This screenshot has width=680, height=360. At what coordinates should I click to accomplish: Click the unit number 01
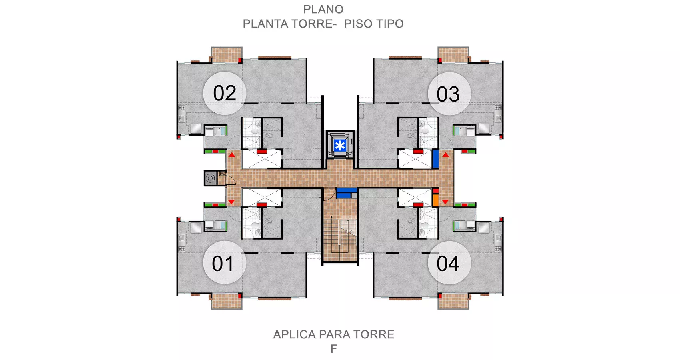(223, 264)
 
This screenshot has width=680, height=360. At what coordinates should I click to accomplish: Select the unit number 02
(225, 93)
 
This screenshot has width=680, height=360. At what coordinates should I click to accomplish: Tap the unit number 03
(448, 94)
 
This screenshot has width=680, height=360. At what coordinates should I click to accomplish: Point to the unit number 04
(448, 264)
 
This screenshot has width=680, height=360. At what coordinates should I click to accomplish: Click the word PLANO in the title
(323, 10)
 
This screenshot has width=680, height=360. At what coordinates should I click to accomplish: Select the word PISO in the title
(358, 24)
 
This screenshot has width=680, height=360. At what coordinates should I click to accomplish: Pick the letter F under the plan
(334, 349)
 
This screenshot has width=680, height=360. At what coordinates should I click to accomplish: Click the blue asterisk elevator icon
(340, 146)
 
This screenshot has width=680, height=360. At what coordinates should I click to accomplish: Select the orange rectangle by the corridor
(435, 200)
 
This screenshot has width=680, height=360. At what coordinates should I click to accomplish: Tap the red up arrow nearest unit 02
(232, 155)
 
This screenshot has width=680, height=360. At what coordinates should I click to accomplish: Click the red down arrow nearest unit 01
(231, 202)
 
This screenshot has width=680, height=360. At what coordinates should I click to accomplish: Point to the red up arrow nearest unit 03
(445, 155)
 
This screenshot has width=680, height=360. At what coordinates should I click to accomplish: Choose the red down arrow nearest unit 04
(445, 202)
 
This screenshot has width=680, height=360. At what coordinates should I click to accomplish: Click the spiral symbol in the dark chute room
(210, 178)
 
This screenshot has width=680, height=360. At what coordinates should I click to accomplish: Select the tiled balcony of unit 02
(226, 55)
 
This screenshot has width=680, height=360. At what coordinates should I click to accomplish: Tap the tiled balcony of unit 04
(453, 301)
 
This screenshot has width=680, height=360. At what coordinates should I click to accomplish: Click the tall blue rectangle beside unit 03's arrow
(435, 159)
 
